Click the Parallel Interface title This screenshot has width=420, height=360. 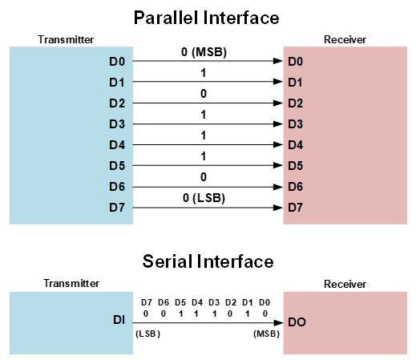tap(206, 18)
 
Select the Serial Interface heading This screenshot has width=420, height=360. tap(208, 261)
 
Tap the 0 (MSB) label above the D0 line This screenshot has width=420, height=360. tap(204, 52)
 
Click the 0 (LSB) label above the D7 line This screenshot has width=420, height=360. tap(204, 198)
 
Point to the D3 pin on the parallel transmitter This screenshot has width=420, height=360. tap(117, 124)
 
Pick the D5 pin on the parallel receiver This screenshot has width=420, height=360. tap(296, 165)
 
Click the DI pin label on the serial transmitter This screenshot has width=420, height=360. tap(119, 320)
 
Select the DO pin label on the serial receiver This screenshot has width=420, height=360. tap(297, 322)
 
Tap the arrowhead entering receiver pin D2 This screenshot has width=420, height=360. tap(278, 103)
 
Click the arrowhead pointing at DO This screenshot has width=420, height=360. tap(278, 323)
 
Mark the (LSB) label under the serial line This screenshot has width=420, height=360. tap(147, 334)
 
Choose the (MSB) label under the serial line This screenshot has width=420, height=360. tap(267, 334)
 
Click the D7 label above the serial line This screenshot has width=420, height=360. tap(147, 302)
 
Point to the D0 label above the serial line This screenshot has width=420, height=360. tap(265, 302)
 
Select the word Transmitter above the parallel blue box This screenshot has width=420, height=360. tap(66, 39)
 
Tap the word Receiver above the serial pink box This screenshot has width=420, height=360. tap(345, 284)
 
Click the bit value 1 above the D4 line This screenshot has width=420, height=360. tap(204, 136)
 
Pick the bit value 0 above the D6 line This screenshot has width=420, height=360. tap(204, 177)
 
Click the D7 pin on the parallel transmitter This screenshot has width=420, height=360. tap(117, 208)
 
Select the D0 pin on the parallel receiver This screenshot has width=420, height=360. tap(296, 62)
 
